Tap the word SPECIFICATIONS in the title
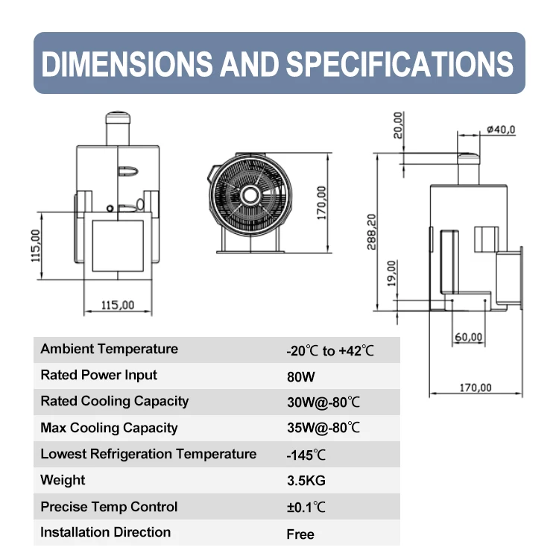pyautogui.click(x=399, y=64)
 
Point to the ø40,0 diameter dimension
pyautogui.click(x=500, y=130)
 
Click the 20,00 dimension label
pyautogui.click(x=398, y=125)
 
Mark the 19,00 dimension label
pyautogui.click(x=393, y=273)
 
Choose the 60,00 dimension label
pyautogui.click(x=468, y=337)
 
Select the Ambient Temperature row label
pyautogui.click(x=109, y=349)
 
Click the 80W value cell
pyautogui.click(x=300, y=376)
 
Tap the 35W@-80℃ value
pyautogui.click(x=323, y=428)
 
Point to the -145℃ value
pyautogui.click(x=306, y=455)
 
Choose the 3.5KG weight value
pyautogui.click(x=306, y=481)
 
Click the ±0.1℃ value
pyautogui.click(x=306, y=508)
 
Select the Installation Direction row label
pyautogui.click(x=105, y=532)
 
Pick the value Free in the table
pyautogui.click(x=300, y=534)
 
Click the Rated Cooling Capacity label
pyautogui.click(x=114, y=401)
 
